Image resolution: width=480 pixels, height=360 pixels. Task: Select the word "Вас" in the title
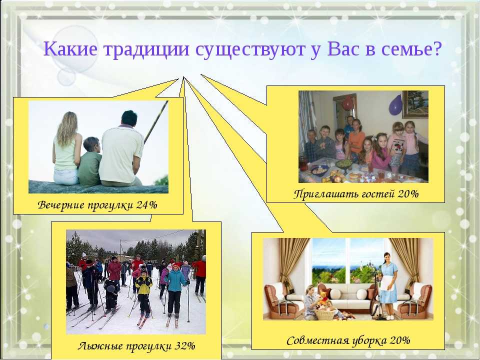pyautogui.click(x=343, y=48)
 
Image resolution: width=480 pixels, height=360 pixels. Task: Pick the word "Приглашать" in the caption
pyautogui.click(x=326, y=194)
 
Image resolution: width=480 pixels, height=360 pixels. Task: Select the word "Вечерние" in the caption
pyautogui.click(x=61, y=204)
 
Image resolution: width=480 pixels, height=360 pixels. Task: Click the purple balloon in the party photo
pyautogui.click(x=395, y=105)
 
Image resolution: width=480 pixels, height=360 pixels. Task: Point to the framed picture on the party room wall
pyautogui.click(x=415, y=104)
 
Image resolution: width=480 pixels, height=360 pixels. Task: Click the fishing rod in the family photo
pyautogui.click(x=156, y=122)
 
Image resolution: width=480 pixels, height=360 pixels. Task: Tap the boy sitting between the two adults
pyautogui.click(x=89, y=161)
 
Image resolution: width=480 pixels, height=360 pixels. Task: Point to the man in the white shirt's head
pyautogui.click(x=128, y=118)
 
